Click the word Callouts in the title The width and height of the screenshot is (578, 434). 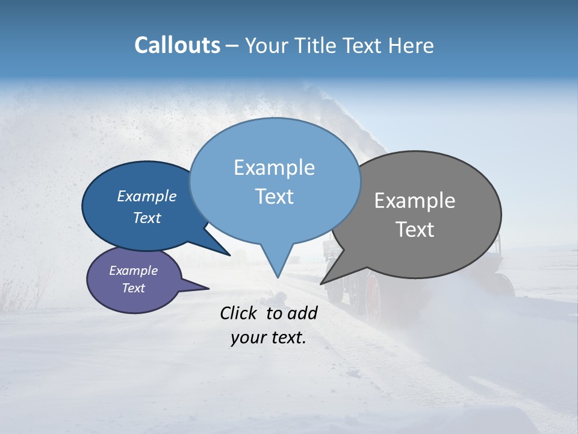point(177,45)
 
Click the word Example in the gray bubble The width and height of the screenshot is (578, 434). point(414,201)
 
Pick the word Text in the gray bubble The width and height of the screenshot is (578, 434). point(414,230)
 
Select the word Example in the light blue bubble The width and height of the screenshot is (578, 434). point(274,168)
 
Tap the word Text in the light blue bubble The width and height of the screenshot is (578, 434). point(274,197)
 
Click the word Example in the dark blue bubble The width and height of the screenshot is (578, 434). point(146,196)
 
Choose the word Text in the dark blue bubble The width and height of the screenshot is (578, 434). point(146,218)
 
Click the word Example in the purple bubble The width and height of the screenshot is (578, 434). point(133,271)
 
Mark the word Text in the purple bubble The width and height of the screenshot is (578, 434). point(133,288)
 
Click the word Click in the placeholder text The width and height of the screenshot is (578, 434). point(240,313)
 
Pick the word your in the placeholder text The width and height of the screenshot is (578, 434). point(248,338)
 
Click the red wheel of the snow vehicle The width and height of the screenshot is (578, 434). point(373,295)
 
